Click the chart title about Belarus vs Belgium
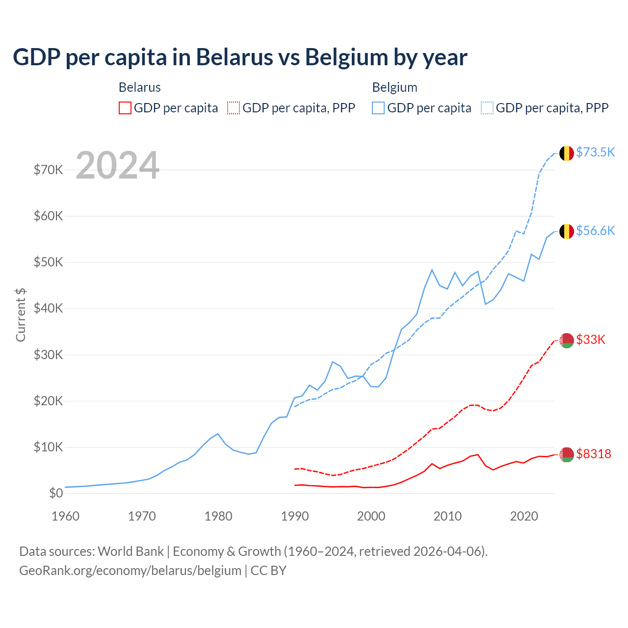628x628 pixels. tap(240, 57)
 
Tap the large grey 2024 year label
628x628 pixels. tap(118, 165)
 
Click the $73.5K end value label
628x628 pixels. tap(595, 152)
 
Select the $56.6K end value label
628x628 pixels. tap(595, 231)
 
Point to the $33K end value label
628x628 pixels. tap(591, 340)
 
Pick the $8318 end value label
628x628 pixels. tap(594, 454)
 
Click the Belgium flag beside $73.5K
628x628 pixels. tap(567, 153)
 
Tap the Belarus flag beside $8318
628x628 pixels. tap(567, 455)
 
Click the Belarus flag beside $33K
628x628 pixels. tap(567, 340)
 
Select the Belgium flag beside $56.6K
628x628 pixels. tap(567, 232)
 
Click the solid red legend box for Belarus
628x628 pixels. tap(125, 108)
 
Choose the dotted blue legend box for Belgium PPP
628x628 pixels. tap(487, 108)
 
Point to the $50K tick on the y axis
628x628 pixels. tap(49, 262)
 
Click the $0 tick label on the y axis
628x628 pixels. tap(56, 493)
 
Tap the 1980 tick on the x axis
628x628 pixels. tap(218, 516)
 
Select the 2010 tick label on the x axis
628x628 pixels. tap(447, 516)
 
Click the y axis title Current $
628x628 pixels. tap(21, 314)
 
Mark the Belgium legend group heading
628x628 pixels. tap(394, 87)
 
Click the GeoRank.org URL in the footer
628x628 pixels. tap(130, 571)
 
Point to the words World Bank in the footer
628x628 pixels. tap(131, 551)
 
